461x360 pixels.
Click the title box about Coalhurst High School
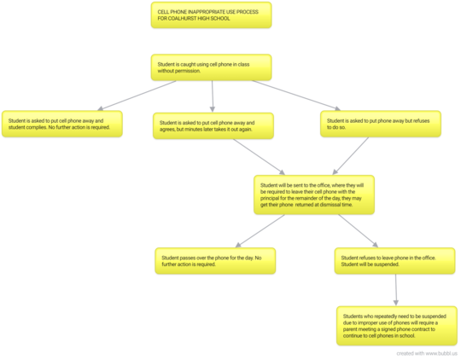click(211, 15)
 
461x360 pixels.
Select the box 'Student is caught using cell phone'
click(211, 67)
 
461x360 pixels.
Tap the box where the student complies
click(62, 124)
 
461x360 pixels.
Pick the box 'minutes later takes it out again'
click(213, 125)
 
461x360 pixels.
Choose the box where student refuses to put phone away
click(381, 124)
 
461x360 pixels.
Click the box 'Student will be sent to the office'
click(314, 195)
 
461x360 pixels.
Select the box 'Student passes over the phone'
click(215, 261)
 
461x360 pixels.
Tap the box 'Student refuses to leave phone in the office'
click(394, 261)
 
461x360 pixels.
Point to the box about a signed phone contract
click(397, 326)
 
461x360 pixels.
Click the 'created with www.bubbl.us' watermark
click(427, 353)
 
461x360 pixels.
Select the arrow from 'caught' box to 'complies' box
click(137, 96)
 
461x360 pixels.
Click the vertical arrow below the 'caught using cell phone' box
click(213, 96)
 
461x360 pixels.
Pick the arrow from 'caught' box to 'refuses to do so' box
click(296, 96)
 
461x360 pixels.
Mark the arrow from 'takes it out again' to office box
click(259, 157)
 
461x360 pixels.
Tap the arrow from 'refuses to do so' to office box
click(351, 156)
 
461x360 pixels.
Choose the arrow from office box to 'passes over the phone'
click(260, 231)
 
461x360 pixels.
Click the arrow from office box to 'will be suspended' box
click(358, 231)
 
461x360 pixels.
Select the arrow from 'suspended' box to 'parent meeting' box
click(396, 290)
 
